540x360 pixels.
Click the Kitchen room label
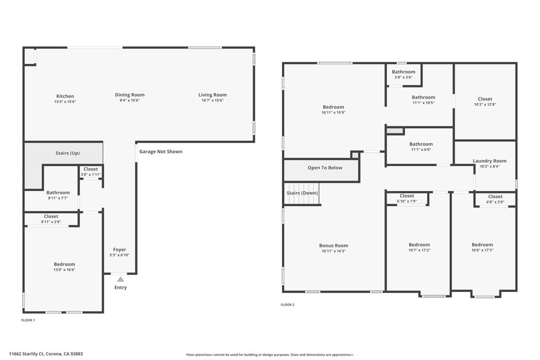[x=65, y=96]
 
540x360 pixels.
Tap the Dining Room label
[x=130, y=95]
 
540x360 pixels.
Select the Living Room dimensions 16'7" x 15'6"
[x=212, y=100]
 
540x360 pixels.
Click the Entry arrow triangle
[x=120, y=279]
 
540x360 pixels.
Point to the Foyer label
[x=120, y=249]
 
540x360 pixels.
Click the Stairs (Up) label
[x=67, y=153]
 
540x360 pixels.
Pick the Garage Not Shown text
[x=161, y=151]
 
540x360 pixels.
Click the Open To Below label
[x=325, y=168]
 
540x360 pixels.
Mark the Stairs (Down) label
[x=302, y=193]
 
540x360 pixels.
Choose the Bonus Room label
[x=333, y=245]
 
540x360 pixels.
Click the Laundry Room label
[x=489, y=161]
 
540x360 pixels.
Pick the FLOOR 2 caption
[x=287, y=305]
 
